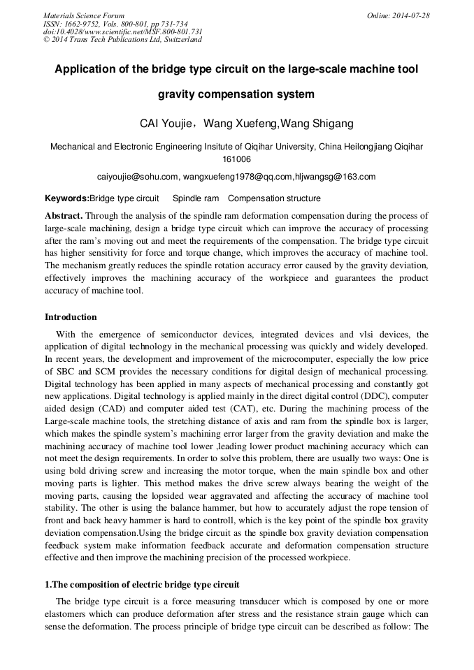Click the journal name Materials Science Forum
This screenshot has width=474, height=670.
[84, 15]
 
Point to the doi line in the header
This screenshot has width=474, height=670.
[122, 31]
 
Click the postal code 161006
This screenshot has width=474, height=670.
[236, 159]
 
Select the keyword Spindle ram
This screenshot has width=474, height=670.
[196, 198]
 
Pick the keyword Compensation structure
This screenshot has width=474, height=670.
[274, 198]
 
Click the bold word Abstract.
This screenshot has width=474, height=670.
[64, 216]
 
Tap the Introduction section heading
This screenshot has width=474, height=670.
[71, 316]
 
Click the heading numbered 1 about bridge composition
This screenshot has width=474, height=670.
[142, 583]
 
